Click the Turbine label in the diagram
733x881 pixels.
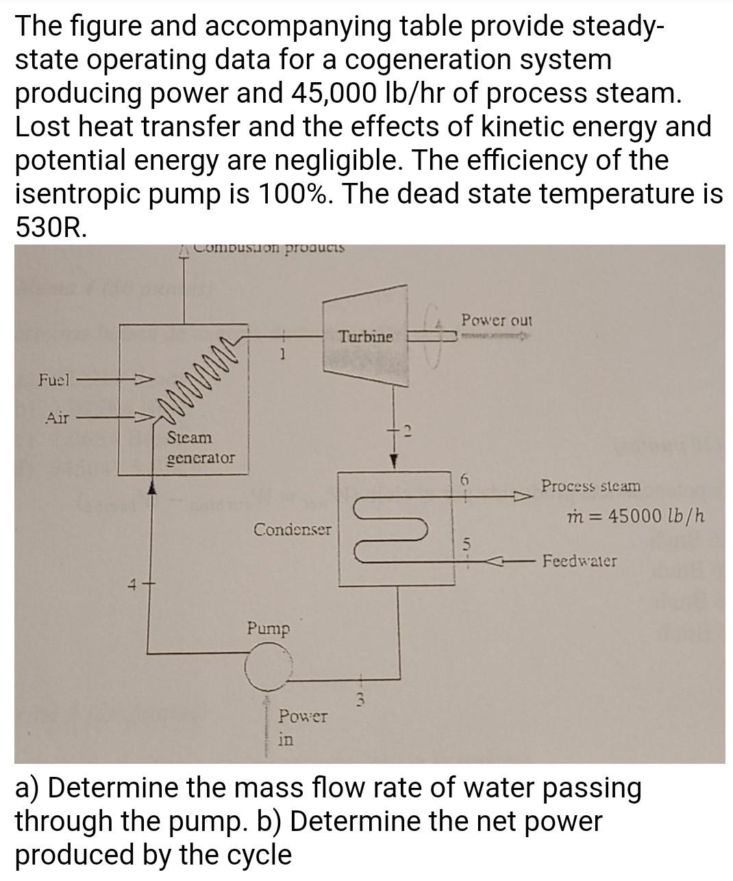pyautogui.click(x=366, y=336)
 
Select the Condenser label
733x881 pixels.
pyautogui.click(x=292, y=530)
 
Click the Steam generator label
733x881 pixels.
pyautogui.click(x=200, y=447)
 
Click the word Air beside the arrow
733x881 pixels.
pyautogui.click(x=57, y=417)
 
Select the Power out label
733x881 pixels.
pyautogui.click(x=496, y=320)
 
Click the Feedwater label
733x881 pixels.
pyautogui.click(x=579, y=561)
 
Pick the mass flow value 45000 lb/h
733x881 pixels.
pyautogui.click(x=636, y=515)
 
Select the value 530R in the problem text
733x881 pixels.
pyautogui.click(x=51, y=227)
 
